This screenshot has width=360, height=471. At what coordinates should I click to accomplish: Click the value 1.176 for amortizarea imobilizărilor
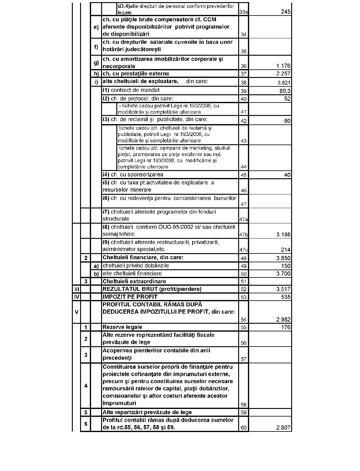pyautogui.click(x=283, y=66)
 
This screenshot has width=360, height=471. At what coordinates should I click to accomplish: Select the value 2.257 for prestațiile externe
pyautogui.click(x=283, y=74)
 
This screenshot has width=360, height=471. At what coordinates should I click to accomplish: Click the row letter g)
pyautogui.click(x=96, y=63)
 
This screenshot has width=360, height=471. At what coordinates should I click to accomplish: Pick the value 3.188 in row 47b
pyautogui.click(x=283, y=235)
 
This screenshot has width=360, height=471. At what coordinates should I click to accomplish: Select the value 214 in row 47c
pyautogui.click(x=286, y=250)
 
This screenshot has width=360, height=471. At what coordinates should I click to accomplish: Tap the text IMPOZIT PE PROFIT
pyautogui.click(x=130, y=297)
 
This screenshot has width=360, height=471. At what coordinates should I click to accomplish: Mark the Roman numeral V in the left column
pyautogui.click(x=76, y=312)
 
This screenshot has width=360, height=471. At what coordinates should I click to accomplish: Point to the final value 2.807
pyautogui.click(x=283, y=428)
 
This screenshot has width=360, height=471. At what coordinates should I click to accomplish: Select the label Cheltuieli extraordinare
pyautogui.click(x=134, y=281)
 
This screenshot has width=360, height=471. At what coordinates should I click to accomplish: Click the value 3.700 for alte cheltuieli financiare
pyautogui.click(x=283, y=274)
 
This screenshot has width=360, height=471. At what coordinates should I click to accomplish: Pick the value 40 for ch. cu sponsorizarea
pyautogui.click(x=287, y=175)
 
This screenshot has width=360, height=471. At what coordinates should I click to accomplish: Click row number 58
pyautogui.click(x=243, y=405)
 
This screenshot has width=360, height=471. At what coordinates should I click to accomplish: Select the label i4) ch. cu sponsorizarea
pyautogui.click(x=133, y=175)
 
